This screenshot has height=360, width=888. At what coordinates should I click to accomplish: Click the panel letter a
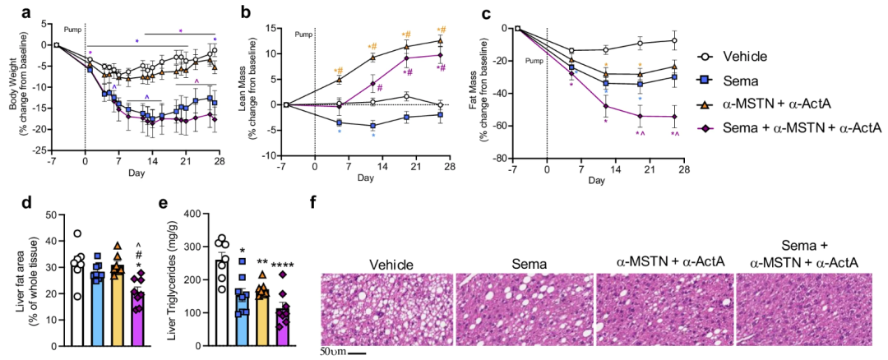(x=8, y=12)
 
